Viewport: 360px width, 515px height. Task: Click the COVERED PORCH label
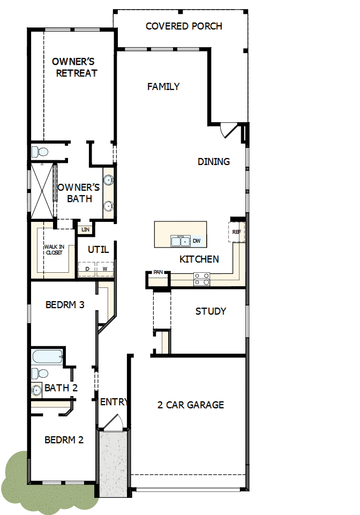pos(184,26)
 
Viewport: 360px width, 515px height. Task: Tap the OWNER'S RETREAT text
pos(74,68)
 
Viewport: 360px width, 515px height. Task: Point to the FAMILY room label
pos(163,87)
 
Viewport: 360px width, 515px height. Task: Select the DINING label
pos(214,162)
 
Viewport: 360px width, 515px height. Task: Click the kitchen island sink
pos(181,241)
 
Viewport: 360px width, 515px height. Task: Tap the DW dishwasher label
pos(197,241)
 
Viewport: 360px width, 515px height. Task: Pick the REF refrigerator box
pos(237,232)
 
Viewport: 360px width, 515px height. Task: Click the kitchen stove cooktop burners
pos(201,279)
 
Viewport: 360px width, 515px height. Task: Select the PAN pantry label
pos(158,272)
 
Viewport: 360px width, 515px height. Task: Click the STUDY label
pos(211,311)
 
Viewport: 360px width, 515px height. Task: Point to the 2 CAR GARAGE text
pos(191,405)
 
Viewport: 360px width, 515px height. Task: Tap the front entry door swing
pos(114,421)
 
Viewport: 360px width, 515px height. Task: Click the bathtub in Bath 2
pos(47,357)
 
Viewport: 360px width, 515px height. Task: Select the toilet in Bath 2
pos(40,374)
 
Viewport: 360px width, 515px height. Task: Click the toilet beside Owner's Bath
pos(40,152)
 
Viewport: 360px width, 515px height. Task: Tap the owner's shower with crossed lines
pos(42,190)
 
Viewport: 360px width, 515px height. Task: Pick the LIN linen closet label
pos(85,229)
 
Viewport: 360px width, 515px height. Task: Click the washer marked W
pos(105,268)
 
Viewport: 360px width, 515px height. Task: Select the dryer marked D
pos(87,268)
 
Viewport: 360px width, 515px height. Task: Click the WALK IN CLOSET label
pos(54,250)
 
